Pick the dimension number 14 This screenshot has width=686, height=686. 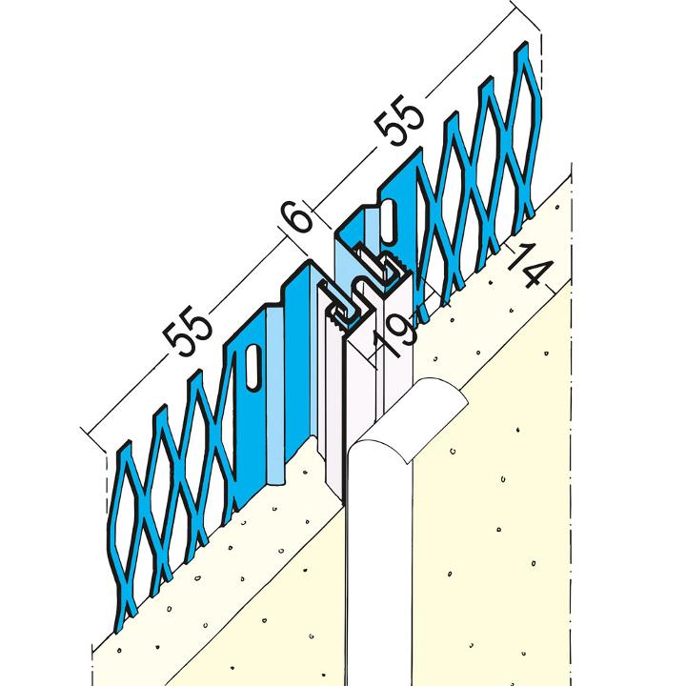[x=530, y=268]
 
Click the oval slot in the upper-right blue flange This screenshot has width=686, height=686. [x=388, y=220]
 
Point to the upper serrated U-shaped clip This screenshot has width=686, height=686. [x=380, y=265]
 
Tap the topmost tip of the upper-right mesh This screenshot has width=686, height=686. [x=524, y=42]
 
